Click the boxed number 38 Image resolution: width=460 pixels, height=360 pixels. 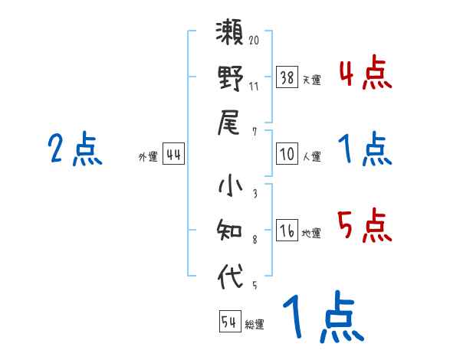pyautogui.click(x=287, y=77)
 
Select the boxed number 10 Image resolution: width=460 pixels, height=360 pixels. pyautogui.click(x=287, y=154)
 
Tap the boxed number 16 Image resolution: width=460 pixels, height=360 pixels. pyautogui.click(x=287, y=231)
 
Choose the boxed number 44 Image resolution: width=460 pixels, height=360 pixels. pyautogui.click(x=173, y=154)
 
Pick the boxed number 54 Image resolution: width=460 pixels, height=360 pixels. pyautogui.click(x=229, y=322)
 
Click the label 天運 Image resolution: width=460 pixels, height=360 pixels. pyautogui.click(x=312, y=80)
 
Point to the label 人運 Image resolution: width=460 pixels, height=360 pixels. pyautogui.click(x=312, y=156)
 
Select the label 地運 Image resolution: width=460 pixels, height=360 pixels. pyautogui.click(x=312, y=233)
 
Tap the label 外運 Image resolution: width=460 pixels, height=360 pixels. pyautogui.click(x=148, y=156)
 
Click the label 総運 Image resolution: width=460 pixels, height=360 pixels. pyautogui.click(x=255, y=324)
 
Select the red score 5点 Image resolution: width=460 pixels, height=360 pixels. pyautogui.click(x=364, y=227)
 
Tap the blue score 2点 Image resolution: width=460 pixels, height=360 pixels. pyautogui.click(x=75, y=149)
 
